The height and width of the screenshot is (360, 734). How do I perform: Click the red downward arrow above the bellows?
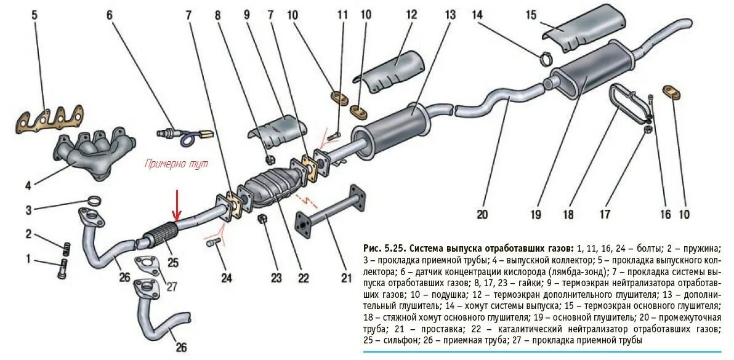(x=177, y=206)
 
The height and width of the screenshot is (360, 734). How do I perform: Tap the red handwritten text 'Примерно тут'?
(x=176, y=164)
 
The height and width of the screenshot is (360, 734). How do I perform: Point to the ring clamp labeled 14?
(x=546, y=60)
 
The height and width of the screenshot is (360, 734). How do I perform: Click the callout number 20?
(x=482, y=215)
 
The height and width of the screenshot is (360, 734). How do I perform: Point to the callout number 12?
(x=411, y=15)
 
